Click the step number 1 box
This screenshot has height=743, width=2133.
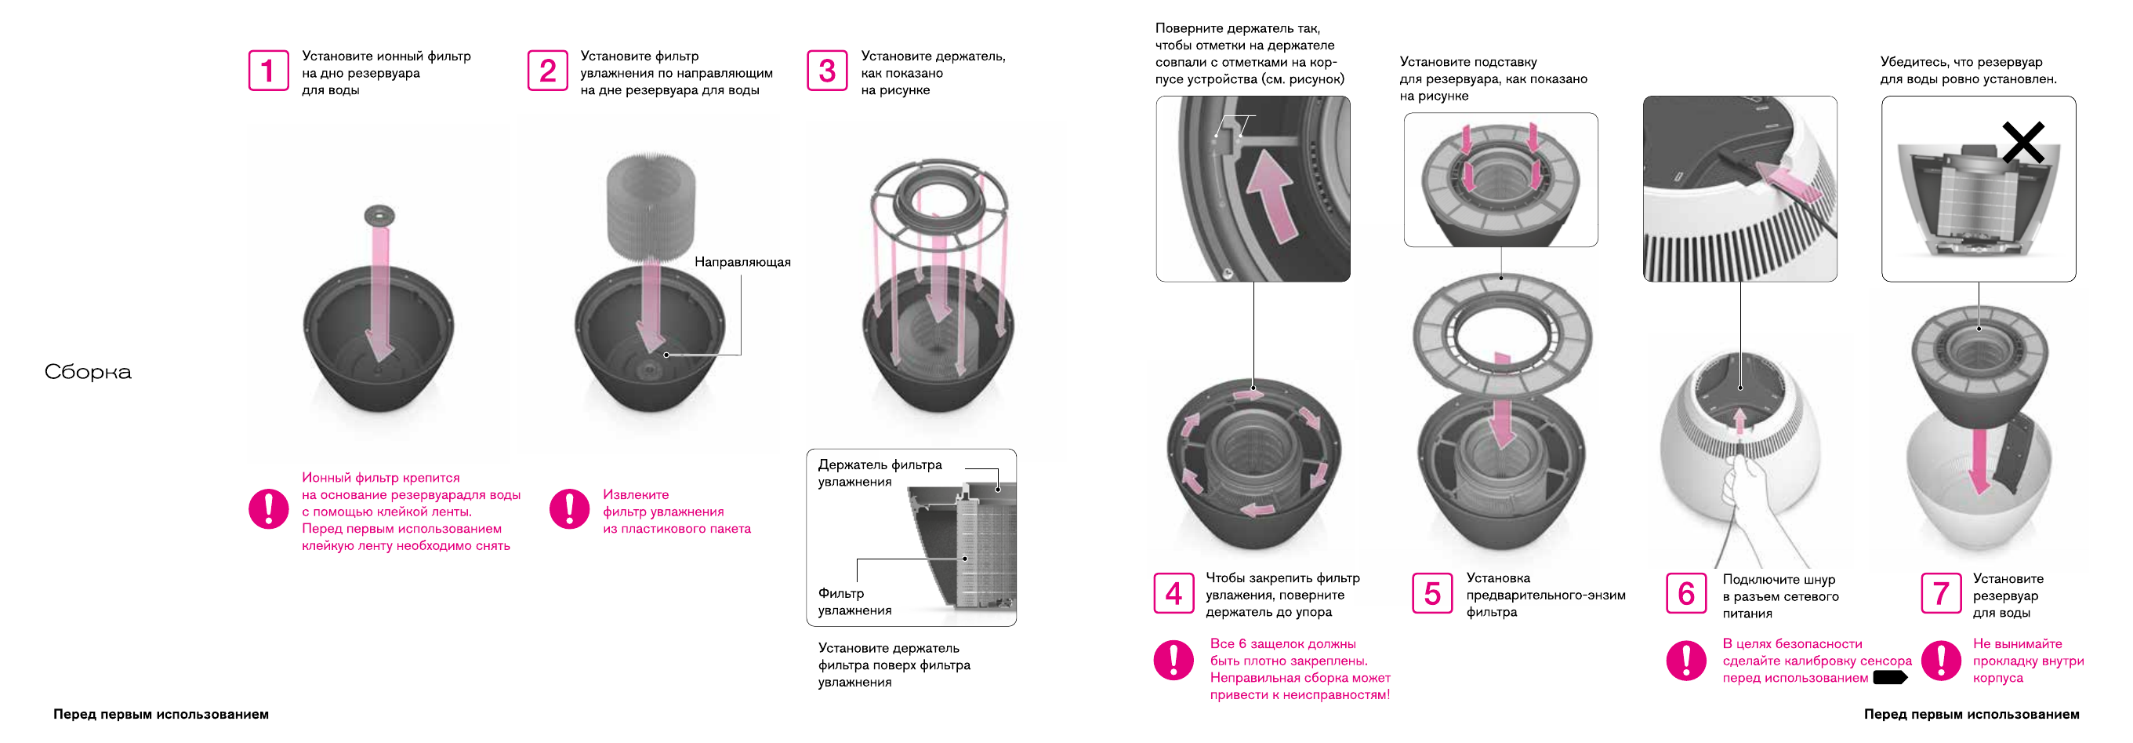click(x=268, y=71)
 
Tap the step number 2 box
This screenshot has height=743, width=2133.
click(x=547, y=71)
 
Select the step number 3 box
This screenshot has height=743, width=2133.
click(x=826, y=71)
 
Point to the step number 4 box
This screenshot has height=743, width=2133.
click(x=1174, y=593)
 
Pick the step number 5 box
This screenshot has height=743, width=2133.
click(x=1431, y=593)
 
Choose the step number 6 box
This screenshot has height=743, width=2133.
click(x=1686, y=593)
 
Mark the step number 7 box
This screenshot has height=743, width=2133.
click(x=1940, y=593)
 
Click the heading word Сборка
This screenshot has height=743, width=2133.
click(x=88, y=372)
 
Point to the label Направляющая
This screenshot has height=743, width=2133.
click(x=742, y=262)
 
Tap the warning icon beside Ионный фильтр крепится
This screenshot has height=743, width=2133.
click(x=268, y=508)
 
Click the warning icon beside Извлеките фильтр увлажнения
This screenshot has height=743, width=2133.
click(x=569, y=508)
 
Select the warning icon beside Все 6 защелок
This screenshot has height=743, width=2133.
click(x=1174, y=659)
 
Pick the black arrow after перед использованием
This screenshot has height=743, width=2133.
click(x=1889, y=678)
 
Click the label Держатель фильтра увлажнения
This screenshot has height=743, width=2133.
click(x=880, y=473)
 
